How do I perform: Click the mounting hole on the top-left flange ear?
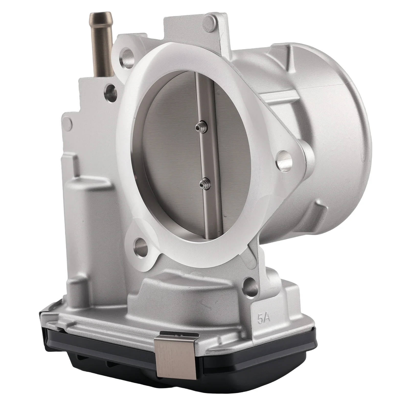[x=127, y=60]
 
